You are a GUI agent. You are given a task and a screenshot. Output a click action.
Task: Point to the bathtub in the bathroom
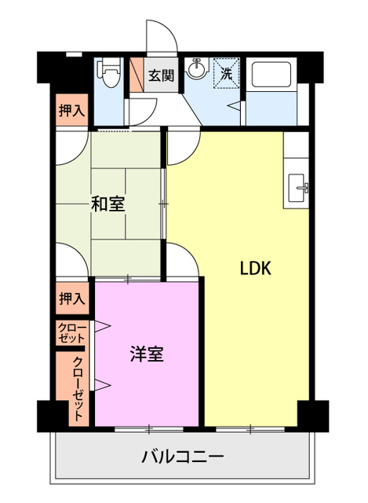point(271,75)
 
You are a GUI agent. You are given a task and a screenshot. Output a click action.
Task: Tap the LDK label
point(255,268)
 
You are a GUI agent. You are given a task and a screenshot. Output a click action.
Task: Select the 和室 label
point(107,205)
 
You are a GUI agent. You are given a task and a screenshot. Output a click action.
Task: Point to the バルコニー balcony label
point(183,457)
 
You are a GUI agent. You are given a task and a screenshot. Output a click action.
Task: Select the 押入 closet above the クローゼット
point(71,299)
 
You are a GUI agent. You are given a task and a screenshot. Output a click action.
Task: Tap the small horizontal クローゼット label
point(71,332)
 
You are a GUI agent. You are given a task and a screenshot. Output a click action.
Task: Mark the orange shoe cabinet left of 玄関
point(136,76)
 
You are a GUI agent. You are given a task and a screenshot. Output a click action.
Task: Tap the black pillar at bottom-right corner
point(312,413)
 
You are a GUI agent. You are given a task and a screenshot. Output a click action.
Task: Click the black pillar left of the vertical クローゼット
point(48,413)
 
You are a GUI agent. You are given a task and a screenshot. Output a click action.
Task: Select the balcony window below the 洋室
point(148,428)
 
